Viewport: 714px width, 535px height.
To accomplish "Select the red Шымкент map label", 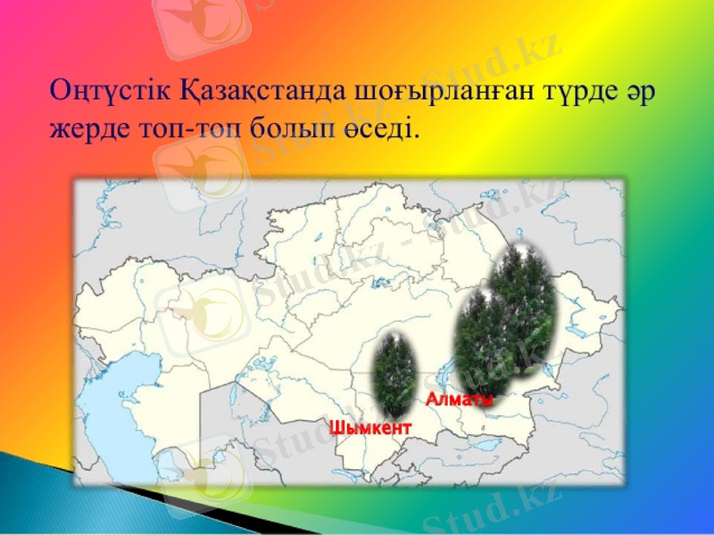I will tap(371, 427).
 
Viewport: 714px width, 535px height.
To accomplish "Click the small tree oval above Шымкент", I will tap(394, 370).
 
